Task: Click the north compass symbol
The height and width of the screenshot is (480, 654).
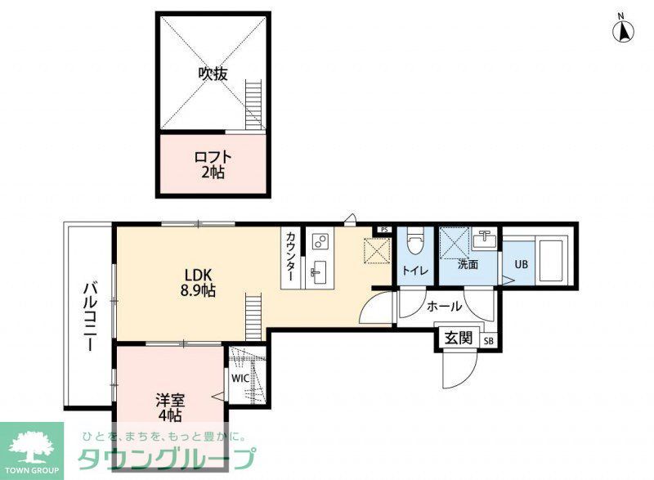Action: pyautogui.click(x=624, y=30)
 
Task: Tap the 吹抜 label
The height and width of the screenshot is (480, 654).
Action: pyautogui.click(x=213, y=74)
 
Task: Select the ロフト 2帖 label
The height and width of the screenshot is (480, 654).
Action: pyautogui.click(x=213, y=164)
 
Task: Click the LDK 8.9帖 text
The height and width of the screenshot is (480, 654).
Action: pyautogui.click(x=199, y=282)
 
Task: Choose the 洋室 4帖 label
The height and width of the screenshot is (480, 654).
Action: pyautogui.click(x=171, y=407)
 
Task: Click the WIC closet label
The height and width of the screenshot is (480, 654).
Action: pyautogui.click(x=240, y=379)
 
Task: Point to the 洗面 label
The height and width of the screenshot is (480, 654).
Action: pyautogui.click(x=468, y=264)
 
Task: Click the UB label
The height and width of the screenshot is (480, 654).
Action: pyautogui.click(x=520, y=265)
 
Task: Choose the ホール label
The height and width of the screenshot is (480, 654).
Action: pyautogui.click(x=444, y=307)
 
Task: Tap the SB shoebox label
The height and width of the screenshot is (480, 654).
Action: pyautogui.click(x=489, y=341)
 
